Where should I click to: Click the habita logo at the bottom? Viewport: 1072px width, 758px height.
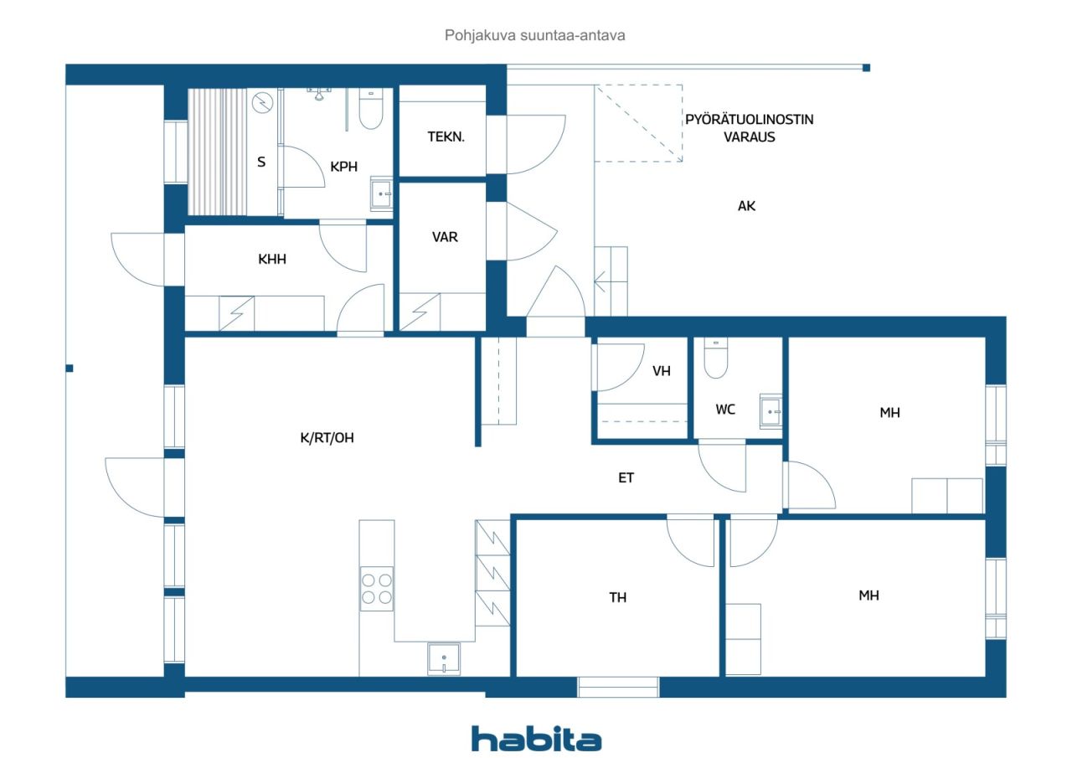pyautogui.click(x=536, y=739)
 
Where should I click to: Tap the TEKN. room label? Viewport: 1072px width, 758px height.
pyautogui.click(x=446, y=137)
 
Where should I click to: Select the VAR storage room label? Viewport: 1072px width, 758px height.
pyautogui.click(x=445, y=237)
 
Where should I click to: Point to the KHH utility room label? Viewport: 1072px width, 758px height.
pyautogui.click(x=272, y=259)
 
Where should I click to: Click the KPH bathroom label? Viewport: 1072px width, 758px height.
pyautogui.click(x=343, y=167)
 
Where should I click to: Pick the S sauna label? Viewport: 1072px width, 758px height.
pyautogui.click(x=260, y=162)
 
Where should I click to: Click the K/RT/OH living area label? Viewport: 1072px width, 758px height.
pyautogui.click(x=327, y=438)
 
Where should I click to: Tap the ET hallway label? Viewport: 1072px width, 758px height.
pyautogui.click(x=626, y=477)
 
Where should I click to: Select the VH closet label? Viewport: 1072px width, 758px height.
pyautogui.click(x=662, y=371)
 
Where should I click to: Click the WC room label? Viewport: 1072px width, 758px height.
pyautogui.click(x=725, y=410)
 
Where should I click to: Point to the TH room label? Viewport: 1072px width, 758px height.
pyautogui.click(x=617, y=597)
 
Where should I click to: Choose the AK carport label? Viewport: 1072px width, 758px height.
pyautogui.click(x=746, y=206)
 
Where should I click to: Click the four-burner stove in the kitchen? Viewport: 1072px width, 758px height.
pyautogui.click(x=377, y=589)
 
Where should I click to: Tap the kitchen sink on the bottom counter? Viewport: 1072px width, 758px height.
pyautogui.click(x=444, y=659)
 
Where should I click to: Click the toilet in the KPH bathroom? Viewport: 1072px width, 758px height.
pyautogui.click(x=371, y=109)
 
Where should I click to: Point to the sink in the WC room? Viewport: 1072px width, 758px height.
pyautogui.click(x=770, y=411)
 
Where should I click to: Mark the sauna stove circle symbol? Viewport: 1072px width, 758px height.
pyautogui.click(x=262, y=102)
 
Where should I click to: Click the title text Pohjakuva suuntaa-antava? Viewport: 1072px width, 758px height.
pyautogui.click(x=534, y=35)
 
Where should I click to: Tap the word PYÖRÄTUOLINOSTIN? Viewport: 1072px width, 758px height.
pyautogui.click(x=749, y=119)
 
